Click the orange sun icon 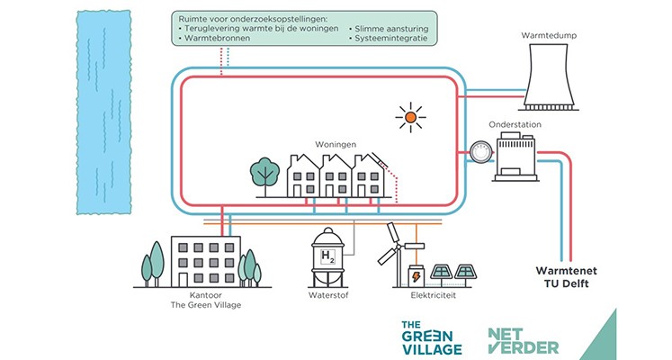tap(411, 116)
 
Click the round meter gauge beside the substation tap(479, 154)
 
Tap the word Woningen tap(336, 144)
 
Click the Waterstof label tap(330, 295)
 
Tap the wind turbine tap(393, 247)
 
